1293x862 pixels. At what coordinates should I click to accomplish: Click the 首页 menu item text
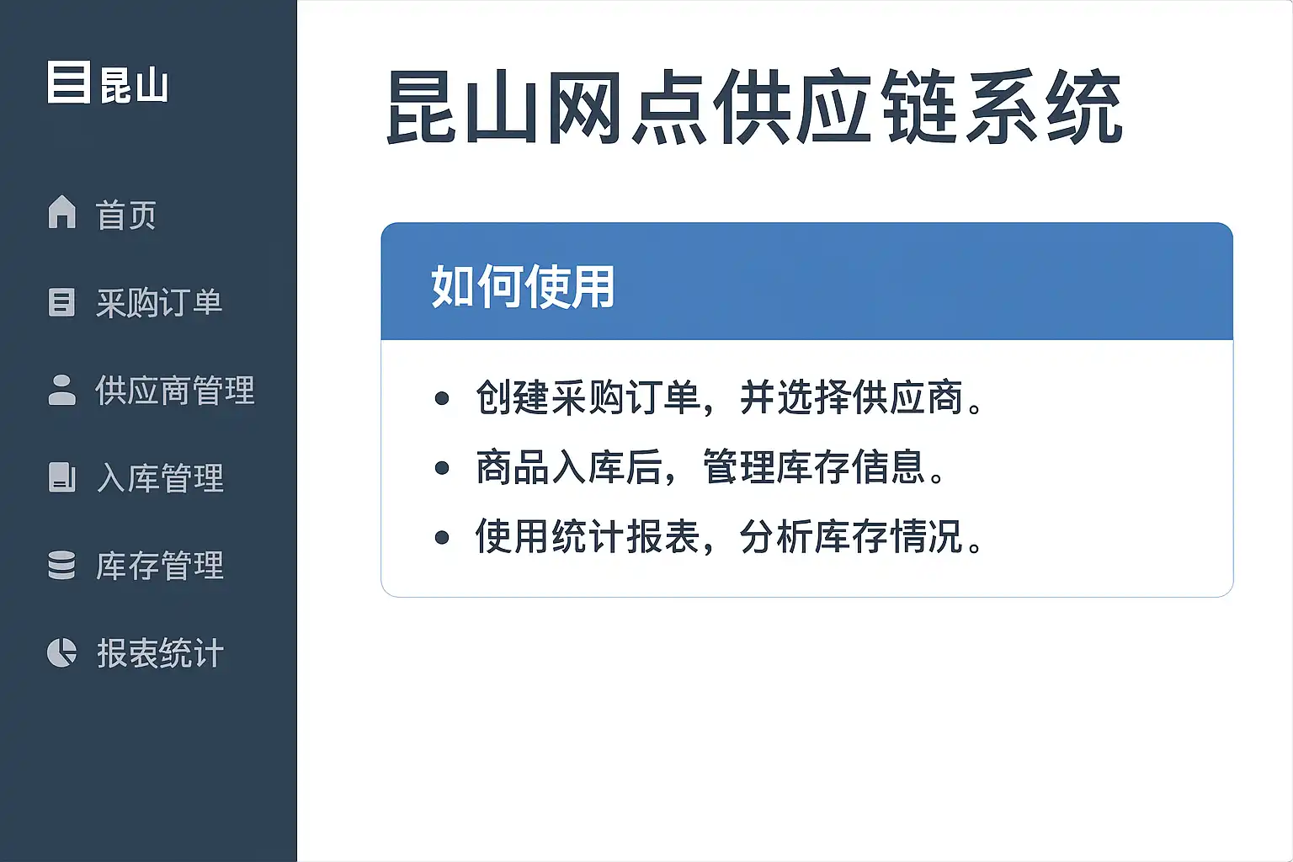coord(125,215)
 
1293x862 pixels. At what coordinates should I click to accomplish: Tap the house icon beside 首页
coord(61,212)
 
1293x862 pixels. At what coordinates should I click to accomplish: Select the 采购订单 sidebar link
coord(159,302)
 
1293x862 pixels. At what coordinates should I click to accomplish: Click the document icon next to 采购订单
coord(61,302)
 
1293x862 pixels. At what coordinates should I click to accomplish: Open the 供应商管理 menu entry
coord(175,391)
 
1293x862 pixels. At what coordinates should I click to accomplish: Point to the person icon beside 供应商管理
coord(61,390)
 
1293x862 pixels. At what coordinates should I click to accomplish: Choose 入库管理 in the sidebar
coord(160,478)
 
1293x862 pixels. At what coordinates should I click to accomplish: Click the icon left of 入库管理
coord(61,477)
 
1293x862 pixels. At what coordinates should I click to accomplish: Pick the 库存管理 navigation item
coord(159,566)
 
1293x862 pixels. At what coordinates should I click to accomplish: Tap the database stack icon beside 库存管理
coord(61,565)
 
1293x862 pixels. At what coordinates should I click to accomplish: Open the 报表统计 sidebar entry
coord(160,653)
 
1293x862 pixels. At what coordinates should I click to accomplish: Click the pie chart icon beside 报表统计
coord(61,652)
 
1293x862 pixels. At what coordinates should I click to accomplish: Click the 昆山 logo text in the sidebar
coord(134,85)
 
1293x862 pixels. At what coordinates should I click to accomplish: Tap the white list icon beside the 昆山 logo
coord(69,82)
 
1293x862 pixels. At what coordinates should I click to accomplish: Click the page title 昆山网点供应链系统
coord(754,107)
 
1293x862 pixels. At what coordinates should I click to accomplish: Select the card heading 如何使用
coord(523,286)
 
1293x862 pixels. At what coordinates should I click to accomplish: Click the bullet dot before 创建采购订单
coord(442,398)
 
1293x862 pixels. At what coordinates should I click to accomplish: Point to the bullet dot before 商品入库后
coord(442,468)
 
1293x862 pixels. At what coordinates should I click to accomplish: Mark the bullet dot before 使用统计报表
coord(442,538)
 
